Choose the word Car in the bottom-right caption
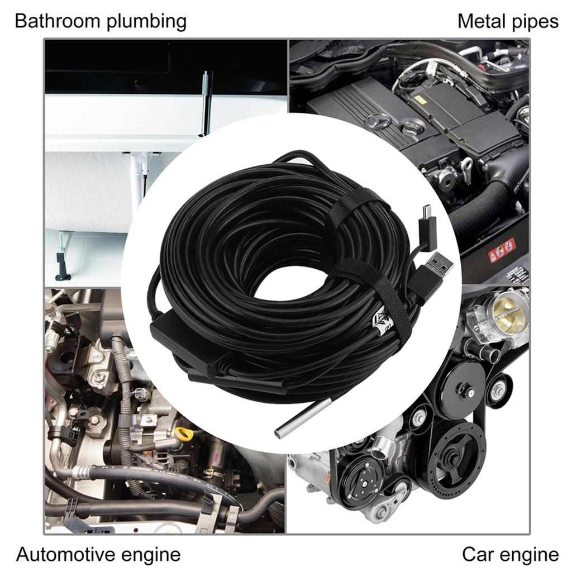tap(477, 555)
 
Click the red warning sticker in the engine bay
tap(502, 249)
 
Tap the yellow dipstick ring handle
tap(185, 433)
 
